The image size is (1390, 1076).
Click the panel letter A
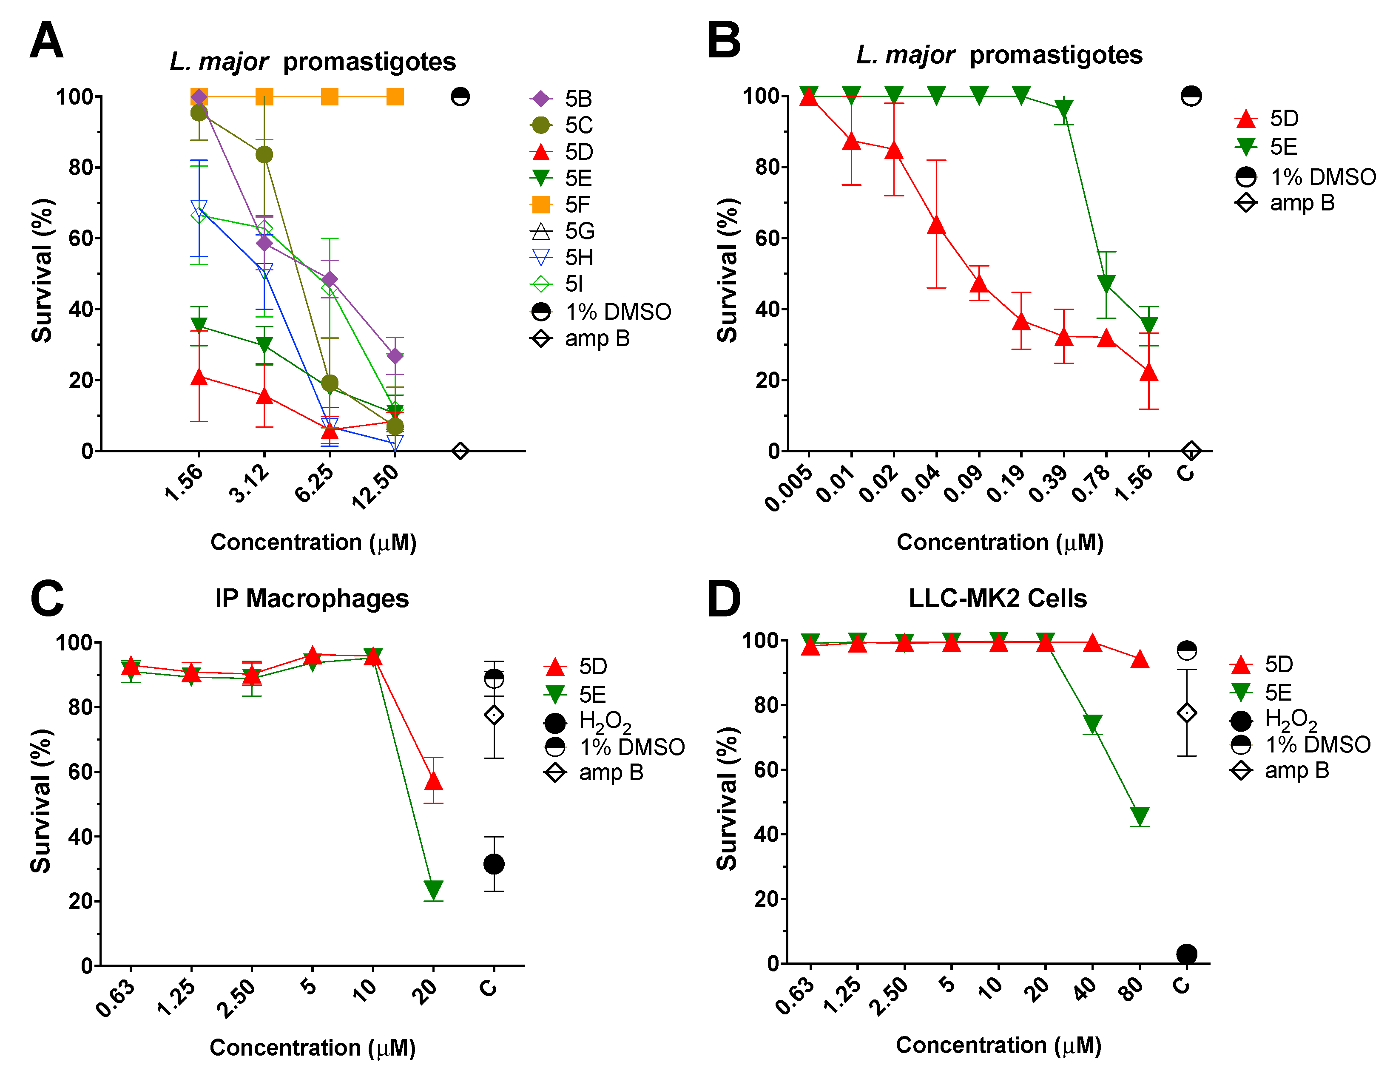coord(46,40)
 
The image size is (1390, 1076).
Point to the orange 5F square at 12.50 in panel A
coord(395,97)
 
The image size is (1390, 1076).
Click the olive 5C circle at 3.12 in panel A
coord(264,155)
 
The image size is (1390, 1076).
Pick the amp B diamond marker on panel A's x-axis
coord(460,451)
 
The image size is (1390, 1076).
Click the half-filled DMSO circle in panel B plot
coord(1191,96)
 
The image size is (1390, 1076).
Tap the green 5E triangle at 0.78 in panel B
coord(1106,284)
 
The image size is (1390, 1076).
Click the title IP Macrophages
coord(312,598)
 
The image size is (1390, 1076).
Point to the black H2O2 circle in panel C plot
coord(494,864)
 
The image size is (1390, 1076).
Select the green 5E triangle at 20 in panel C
coord(433,889)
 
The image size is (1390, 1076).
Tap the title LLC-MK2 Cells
coord(997,598)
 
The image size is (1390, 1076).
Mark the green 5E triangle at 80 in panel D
coord(1139,816)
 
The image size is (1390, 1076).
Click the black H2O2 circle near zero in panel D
coord(1186,954)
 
